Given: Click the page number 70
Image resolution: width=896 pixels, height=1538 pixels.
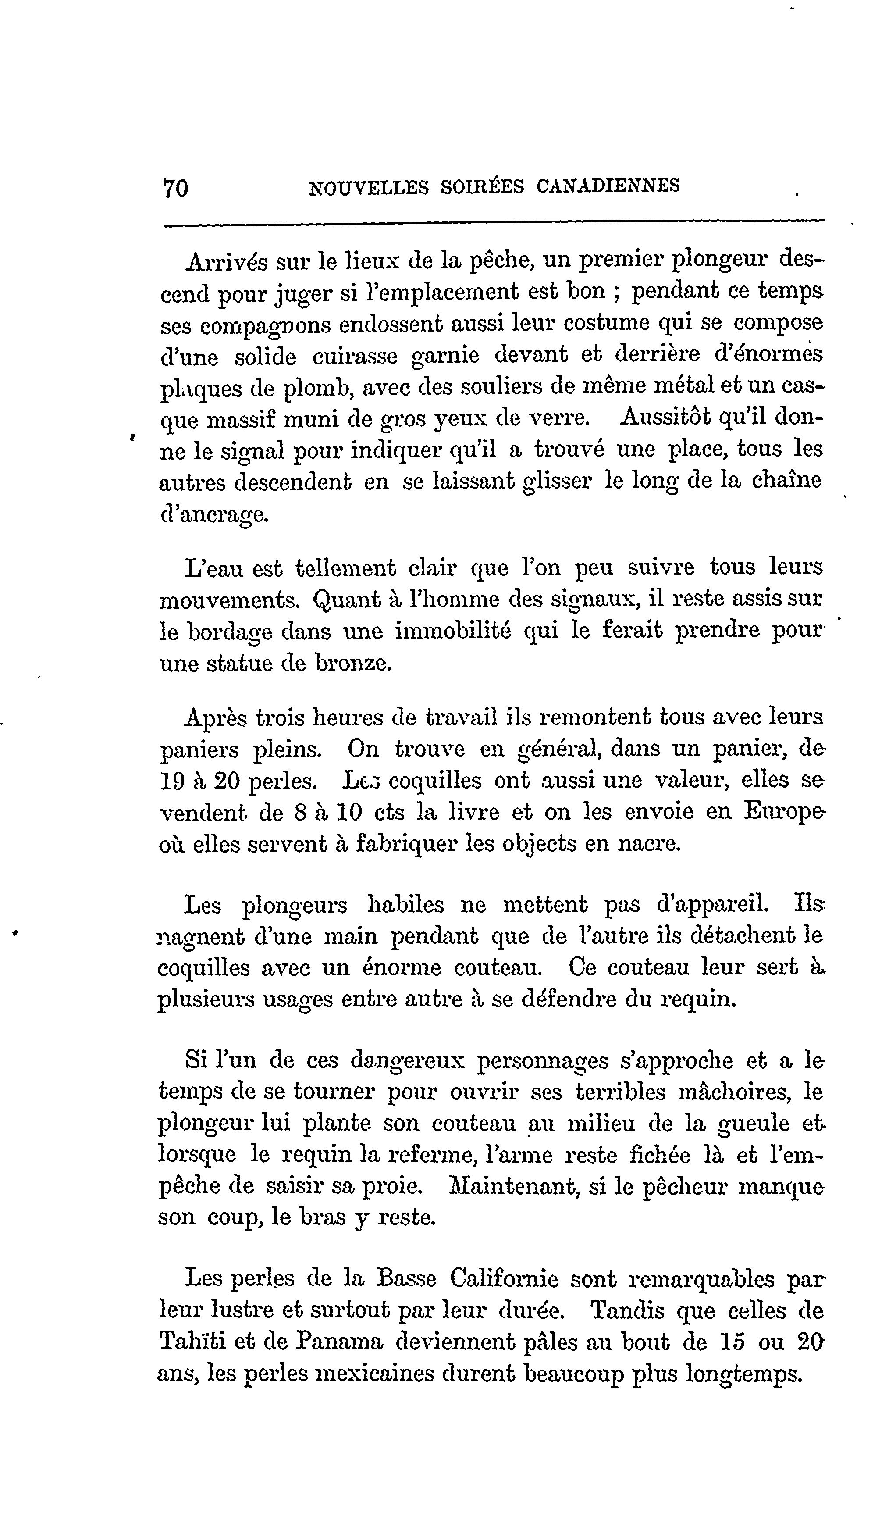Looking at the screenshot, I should [176, 188].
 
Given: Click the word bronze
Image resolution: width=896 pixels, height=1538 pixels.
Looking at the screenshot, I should [351, 663].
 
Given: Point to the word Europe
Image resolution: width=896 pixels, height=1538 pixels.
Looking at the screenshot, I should [786, 812].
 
